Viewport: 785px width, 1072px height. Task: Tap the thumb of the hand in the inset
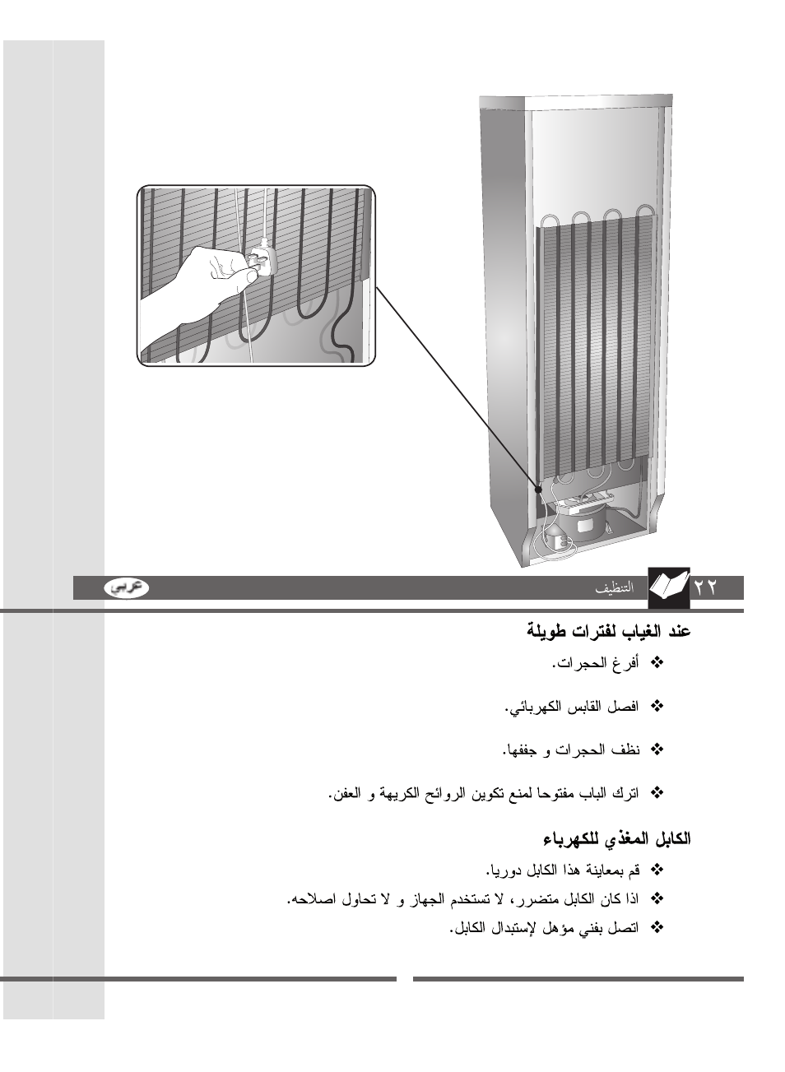click(235, 279)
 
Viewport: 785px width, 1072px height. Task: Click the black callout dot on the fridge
click(539, 488)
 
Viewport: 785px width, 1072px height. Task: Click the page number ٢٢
click(706, 587)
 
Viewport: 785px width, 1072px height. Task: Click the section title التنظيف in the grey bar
click(615, 587)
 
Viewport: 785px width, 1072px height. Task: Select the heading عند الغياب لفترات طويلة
click(608, 632)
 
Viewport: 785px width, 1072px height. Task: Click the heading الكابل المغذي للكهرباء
click(616, 839)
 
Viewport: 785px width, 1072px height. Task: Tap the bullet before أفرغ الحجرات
click(657, 662)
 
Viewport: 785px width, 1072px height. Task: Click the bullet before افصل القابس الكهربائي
click(657, 706)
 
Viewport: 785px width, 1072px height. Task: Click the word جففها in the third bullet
click(519, 750)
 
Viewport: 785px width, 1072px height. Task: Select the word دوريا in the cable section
click(503, 870)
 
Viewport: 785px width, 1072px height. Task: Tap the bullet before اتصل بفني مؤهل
click(657, 927)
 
